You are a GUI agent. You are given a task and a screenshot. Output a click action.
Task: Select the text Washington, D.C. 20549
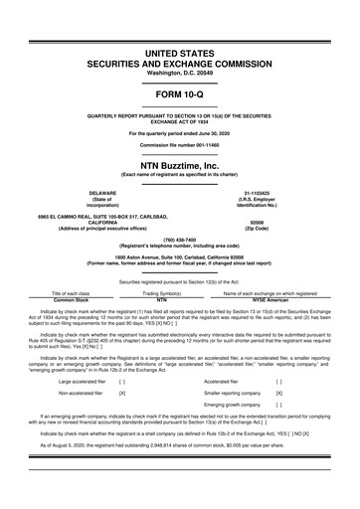coord(179,74)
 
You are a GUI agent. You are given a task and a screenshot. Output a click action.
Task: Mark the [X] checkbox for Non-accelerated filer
coord(121,394)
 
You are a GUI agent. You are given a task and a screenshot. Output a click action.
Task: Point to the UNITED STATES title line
coord(179,50)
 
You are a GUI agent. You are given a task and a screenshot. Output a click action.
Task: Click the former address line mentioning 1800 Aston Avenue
coord(179,260)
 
